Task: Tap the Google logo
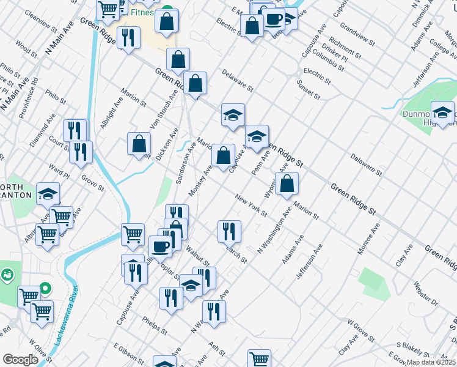point(20,360)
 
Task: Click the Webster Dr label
point(425,293)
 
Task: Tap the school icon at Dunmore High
point(442,113)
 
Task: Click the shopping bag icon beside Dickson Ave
point(139,144)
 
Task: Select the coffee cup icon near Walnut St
point(160,247)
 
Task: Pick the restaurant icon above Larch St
point(229,231)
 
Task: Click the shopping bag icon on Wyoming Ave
point(286,183)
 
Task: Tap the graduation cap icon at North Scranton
point(48,193)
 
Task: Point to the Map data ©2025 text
point(431,362)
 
